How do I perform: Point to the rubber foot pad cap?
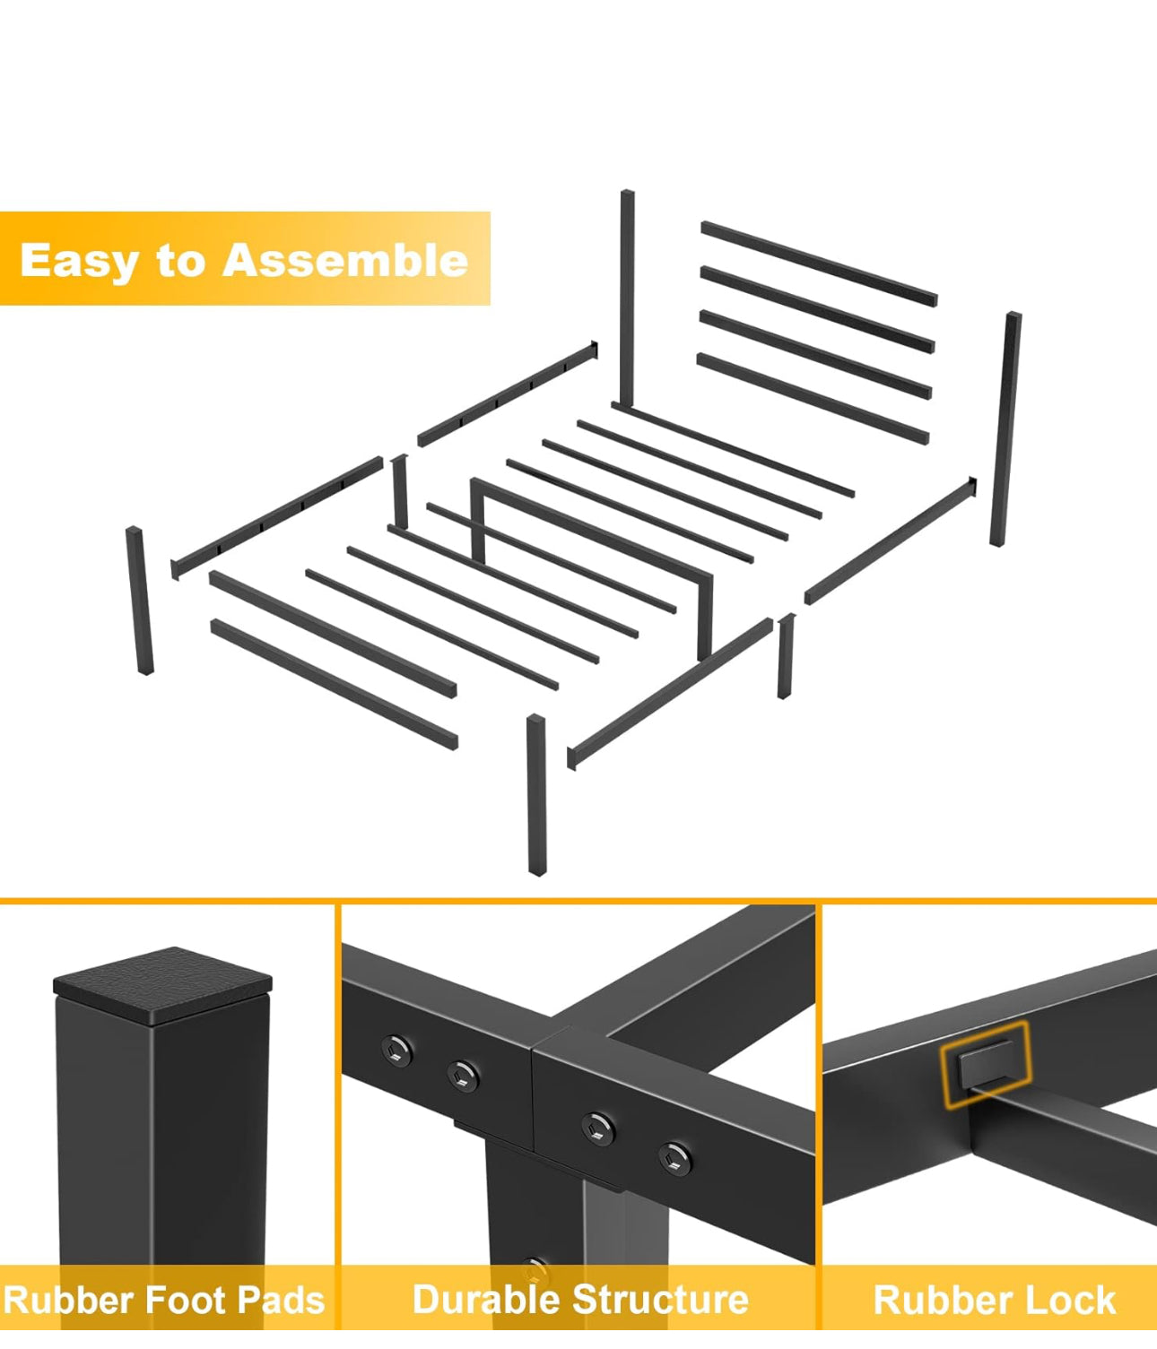pyautogui.click(x=162, y=985)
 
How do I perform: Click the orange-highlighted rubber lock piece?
pyautogui.click(x=986, y=1064)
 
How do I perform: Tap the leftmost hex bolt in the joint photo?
pyautogui.click(x=396, y=1049)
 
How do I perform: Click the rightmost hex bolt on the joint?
pyautogui.click(x=674, y=1158)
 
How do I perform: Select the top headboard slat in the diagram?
pyautogui.click(x=819, y=263)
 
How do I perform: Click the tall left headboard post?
pyautogui.click(x=627, y=298)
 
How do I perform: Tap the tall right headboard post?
pyautogui.click(x=1005, y=428)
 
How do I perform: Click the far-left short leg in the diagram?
pyautogui.click(x=139, y=600)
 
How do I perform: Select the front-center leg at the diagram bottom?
pyautogui.click(x=536, y=794)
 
